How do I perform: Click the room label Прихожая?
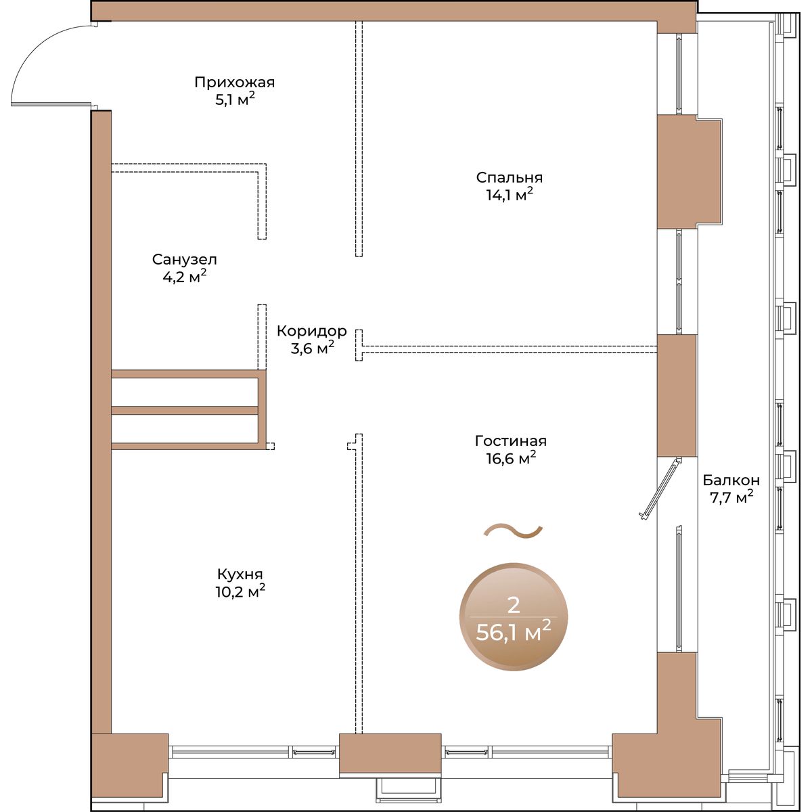tap(234, 83)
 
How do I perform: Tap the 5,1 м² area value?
tap(235, 100)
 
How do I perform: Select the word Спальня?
tap(510, 178)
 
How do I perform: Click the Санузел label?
tap(185, 260)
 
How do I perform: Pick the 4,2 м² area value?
tap(185, 277)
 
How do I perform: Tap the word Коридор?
tap(312, 331)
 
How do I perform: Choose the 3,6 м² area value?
tap(312, 348)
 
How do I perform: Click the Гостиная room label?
tap(511, 441)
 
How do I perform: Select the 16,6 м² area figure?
tap(511, 459)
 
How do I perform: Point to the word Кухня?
tap(240, 574)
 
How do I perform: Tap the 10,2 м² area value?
tap(240, 592)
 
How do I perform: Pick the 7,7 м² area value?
tap(732, 497)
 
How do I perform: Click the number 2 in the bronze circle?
tap(513, 606)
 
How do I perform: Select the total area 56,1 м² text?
tap(513, 632)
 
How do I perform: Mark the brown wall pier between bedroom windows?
tap(688, 171)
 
